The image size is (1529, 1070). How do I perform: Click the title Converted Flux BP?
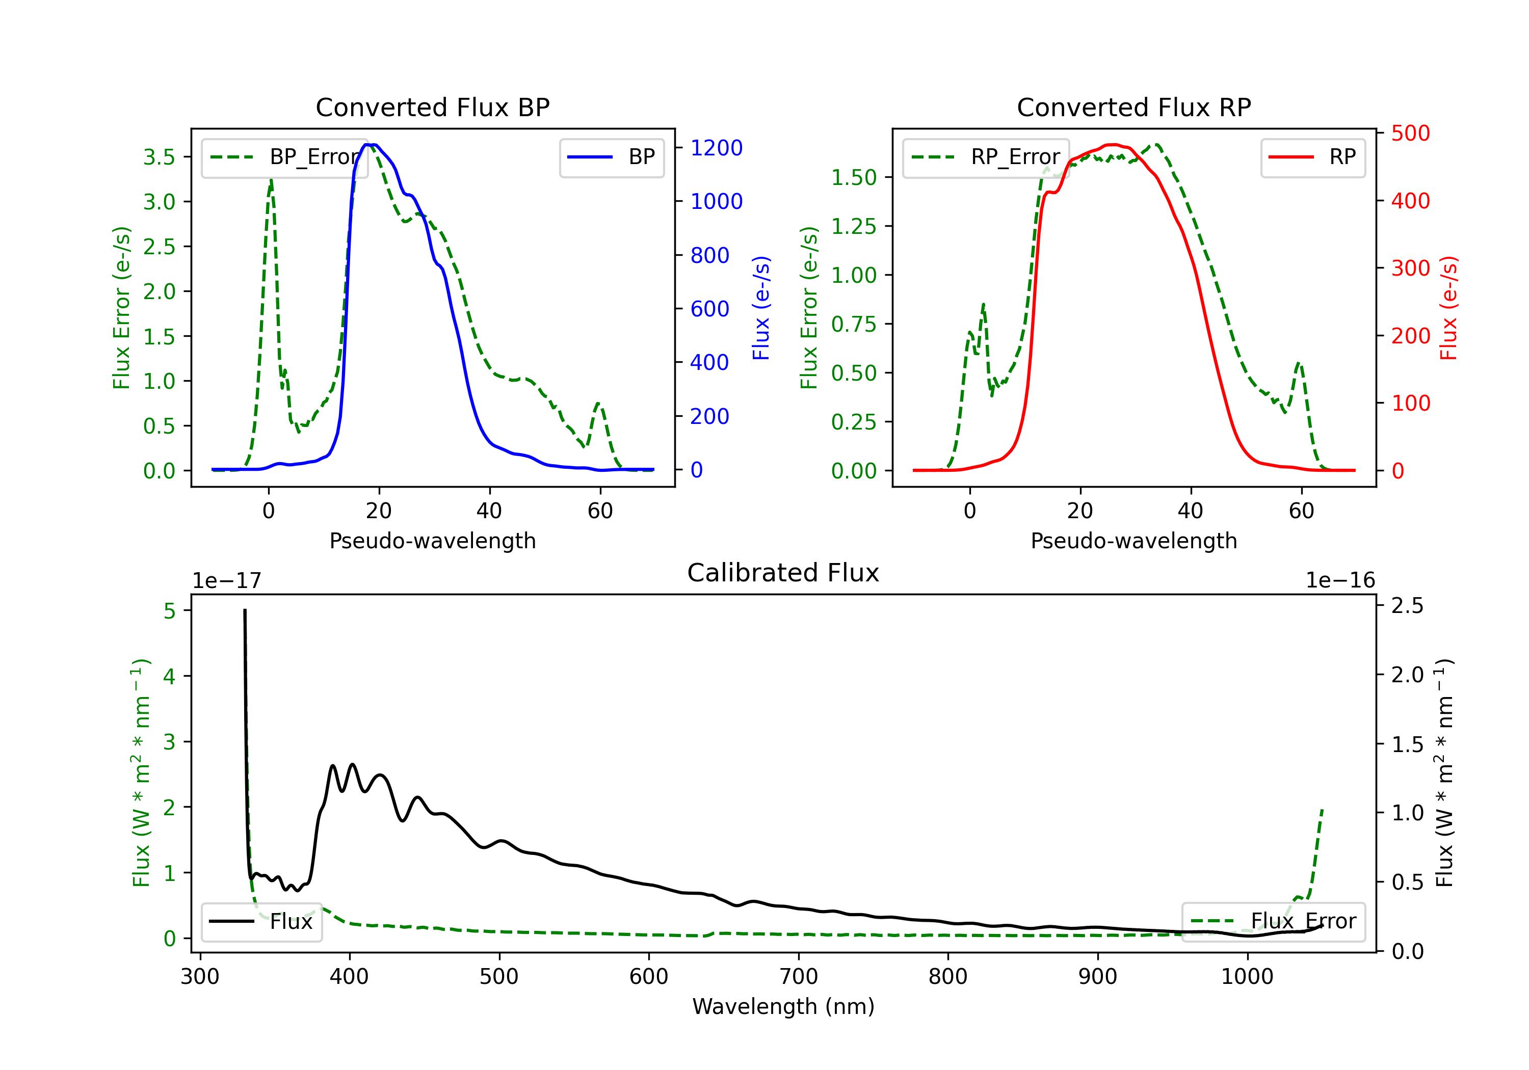pos(432,107)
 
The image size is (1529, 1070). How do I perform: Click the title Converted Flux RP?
pos(1133,107)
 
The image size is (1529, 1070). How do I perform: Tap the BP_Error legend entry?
pos(284,157)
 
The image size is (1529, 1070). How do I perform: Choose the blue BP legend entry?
pos(611,157)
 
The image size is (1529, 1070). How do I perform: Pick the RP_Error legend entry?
pos(986,157)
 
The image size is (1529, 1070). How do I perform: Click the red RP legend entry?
pos(1312,157)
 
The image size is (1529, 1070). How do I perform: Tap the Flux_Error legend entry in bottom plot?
pos(1273,922)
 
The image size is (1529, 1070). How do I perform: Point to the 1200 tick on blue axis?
pos(716,148)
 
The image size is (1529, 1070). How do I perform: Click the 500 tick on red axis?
pos(1410,133)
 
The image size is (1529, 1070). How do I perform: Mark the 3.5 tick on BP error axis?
pos(159,157)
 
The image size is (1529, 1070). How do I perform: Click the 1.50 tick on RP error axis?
pos(854,177)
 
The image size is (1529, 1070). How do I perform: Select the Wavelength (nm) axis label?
pos(783,1006)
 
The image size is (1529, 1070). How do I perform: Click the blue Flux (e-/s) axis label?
pos(760,308)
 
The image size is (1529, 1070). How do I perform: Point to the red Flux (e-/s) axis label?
pos(1448,308)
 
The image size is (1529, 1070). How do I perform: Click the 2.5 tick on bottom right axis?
pos(1407,606)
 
